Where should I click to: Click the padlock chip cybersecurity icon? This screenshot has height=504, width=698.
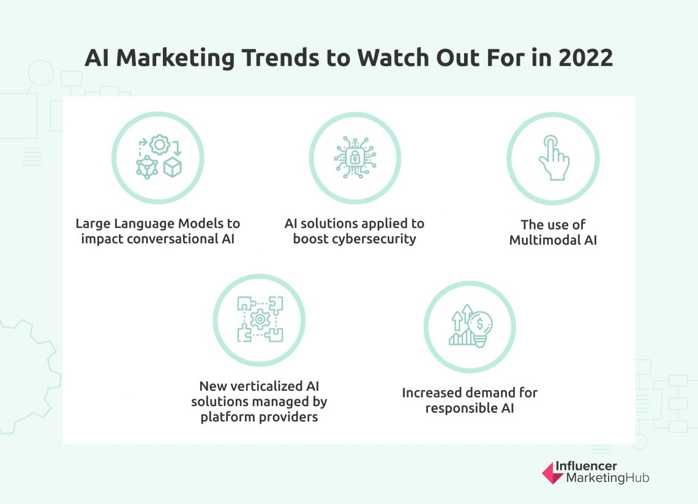pos(355,158)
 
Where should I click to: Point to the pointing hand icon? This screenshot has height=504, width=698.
pos(553,158)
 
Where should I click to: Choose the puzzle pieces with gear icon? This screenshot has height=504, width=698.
pos(260,319)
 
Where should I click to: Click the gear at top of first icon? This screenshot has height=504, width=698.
pos(159,145)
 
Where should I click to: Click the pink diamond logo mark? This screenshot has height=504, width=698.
pos(553,473)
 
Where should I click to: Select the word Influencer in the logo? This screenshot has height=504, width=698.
pos(586,467)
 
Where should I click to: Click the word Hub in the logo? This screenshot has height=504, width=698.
pos(637,478)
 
